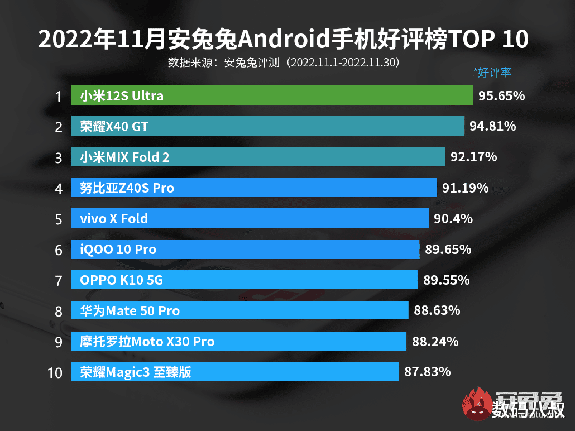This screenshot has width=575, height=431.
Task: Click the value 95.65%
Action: (x=501, y=96)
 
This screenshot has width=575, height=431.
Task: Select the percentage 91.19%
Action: (x=465, y=188)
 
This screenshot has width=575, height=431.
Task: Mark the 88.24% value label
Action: (x=435, y=342)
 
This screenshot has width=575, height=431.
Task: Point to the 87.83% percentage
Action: (x=427, y=372)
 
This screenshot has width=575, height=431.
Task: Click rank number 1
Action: (x=58, y=97)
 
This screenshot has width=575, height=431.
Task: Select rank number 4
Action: (x=58, y=189)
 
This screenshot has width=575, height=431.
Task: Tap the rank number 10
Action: (x=55, y=372)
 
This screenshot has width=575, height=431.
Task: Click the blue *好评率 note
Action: (x=492, y=72)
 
